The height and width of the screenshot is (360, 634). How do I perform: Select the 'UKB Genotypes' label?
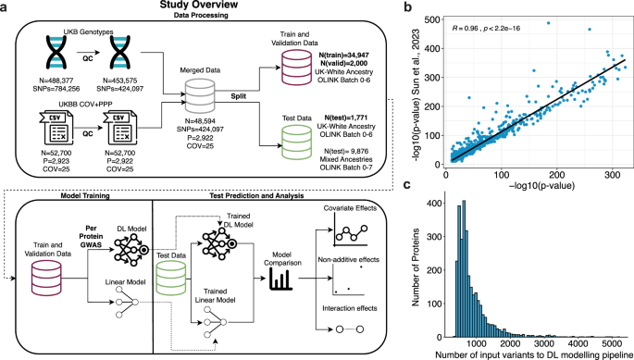pyautogui.click(x=85, y=32)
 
